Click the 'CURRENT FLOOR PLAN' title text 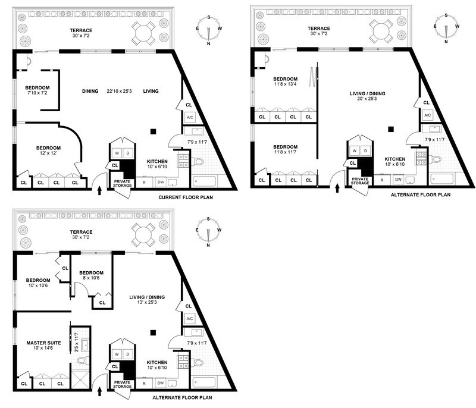[186, 197]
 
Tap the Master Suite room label [43, 345]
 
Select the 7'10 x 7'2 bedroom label [37, 90]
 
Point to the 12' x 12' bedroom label [48, 150]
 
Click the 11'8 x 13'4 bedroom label [286, 81]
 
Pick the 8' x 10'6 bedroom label [92, 275]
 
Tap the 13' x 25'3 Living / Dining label [147, 300]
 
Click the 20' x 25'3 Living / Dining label [367, 96]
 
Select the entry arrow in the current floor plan [99, 190]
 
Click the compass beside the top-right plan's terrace [446, 28]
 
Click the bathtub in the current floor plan [204, 181]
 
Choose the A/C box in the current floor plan [190, 117]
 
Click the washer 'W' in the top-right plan [355, 150]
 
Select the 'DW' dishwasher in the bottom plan [161, 383]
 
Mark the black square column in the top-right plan [391, 129]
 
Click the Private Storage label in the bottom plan [123, 384]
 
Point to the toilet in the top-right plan [436, 159]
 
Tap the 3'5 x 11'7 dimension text [77, 343]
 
